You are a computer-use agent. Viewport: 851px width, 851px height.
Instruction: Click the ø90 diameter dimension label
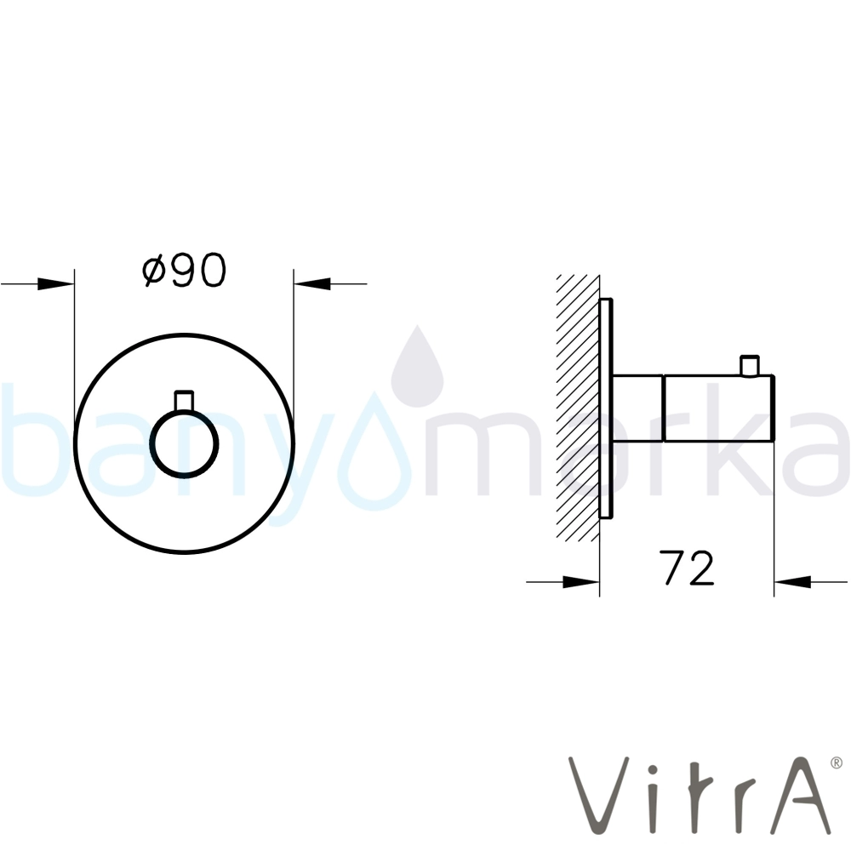pyautogui.click(x=184, y=270)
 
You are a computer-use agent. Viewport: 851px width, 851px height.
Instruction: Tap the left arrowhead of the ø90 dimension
pyautogui.click(x=56, y=283)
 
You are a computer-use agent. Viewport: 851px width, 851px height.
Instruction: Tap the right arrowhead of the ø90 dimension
pyautogui.click(x=312, y=283)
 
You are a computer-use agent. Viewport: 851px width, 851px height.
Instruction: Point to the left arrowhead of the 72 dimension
pyautogui.click(x=581, y=582)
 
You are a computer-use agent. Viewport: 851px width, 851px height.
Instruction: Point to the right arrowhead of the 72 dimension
pyautogui.click(x=792, y=582)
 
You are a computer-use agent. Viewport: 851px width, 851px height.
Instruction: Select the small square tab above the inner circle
pyautogui.click(x=184, y=401)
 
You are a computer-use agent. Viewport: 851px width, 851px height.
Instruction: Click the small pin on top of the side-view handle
pyautogui.click(x=750, y=366)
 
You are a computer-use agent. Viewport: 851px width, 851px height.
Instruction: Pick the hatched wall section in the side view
pyautogui.click(x=578, y=408)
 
